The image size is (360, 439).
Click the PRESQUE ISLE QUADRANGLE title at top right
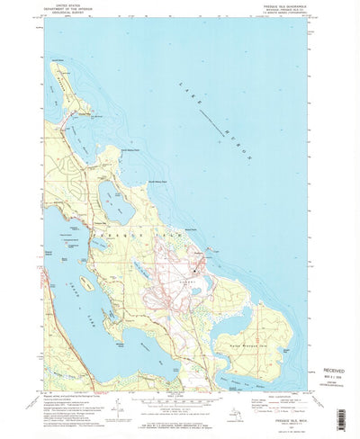(x=289, y=8)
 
